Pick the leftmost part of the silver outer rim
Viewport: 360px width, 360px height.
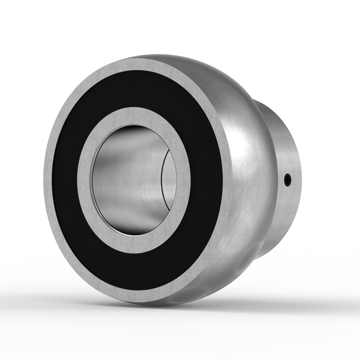coord(47,177)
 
